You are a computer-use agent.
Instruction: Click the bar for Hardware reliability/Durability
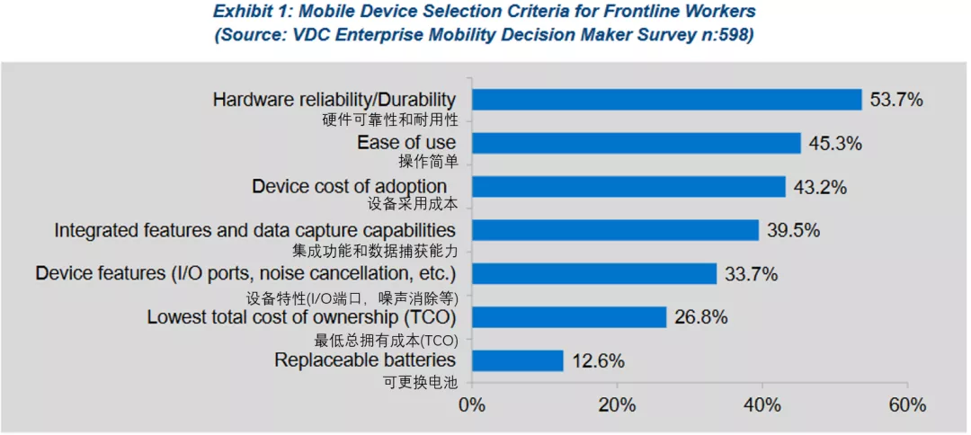pos(666,100)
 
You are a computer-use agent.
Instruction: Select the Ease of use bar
pos(636,143)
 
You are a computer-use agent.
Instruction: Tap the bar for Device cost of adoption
pos(628,186)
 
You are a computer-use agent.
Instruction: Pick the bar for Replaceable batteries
pos(517,360)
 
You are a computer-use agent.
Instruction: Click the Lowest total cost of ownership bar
pos(569,316)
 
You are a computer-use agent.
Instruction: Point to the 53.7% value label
pos(896,100)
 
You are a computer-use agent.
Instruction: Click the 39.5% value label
pos(793,230)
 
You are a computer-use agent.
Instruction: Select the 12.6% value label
pos(597,360)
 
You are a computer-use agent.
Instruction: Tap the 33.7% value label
pos(751,273)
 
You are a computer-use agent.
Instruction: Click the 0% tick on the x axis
pos(472,404)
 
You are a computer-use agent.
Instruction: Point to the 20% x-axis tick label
pos(618,404)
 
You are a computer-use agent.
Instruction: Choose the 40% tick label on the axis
pos(762,404)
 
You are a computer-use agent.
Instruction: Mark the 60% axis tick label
pos(907,404)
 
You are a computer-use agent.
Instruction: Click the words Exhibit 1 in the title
pos(257,12)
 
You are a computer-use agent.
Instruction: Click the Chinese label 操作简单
pos(428,162)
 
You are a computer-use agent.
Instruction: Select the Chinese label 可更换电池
pos(421,382)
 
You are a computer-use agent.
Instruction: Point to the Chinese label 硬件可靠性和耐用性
pos(389,120)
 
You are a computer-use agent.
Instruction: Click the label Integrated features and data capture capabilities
pos(254,230)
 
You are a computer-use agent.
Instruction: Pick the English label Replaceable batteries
pos(364,360)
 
